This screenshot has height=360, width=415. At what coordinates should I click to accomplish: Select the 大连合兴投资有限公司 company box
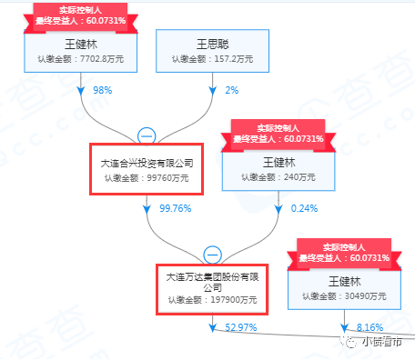click(146, 168)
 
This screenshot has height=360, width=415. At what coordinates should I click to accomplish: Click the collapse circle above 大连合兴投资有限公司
click(146, 135)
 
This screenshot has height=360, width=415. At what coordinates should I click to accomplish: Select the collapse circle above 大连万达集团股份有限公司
click(212, 254)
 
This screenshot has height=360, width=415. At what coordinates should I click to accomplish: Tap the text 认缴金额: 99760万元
click(146, 178)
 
